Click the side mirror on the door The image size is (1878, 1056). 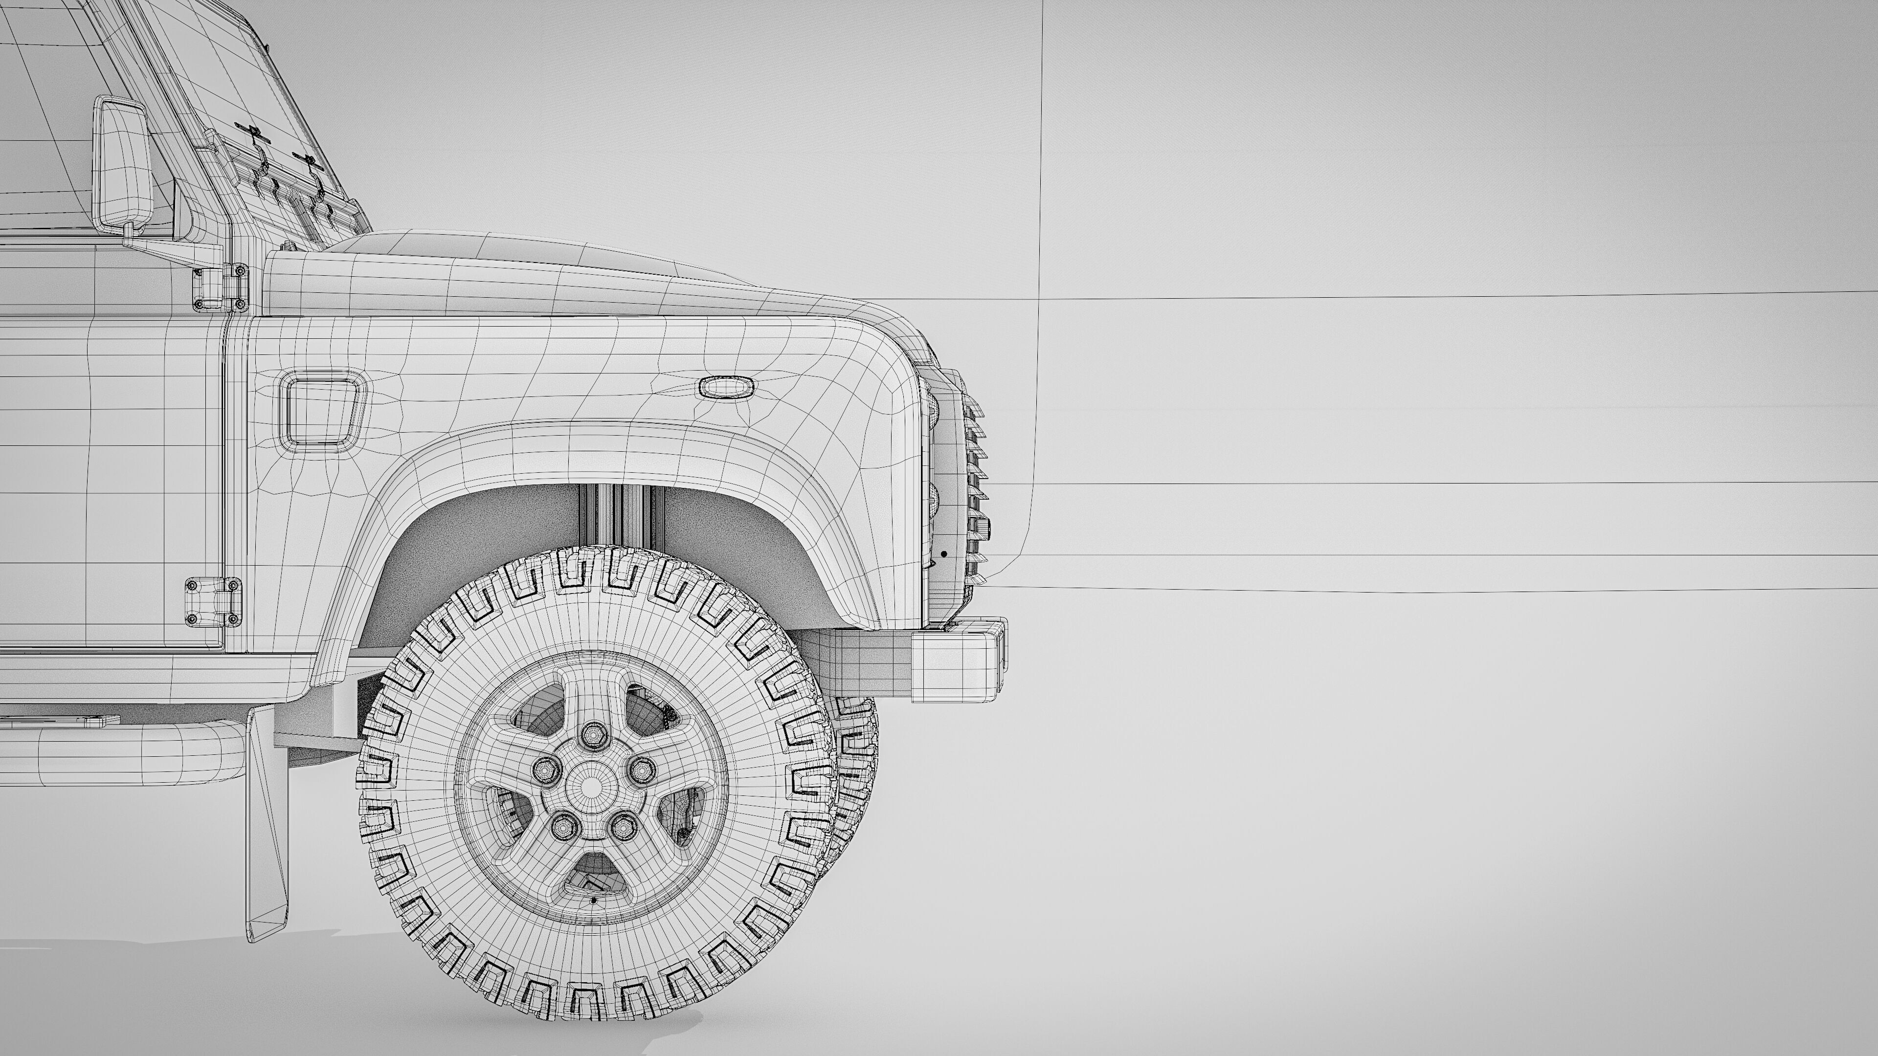[122, 164]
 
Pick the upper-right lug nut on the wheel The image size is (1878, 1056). [642, 769]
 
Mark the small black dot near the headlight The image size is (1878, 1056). [944, 554]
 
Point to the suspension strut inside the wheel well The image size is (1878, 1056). [620, 517]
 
